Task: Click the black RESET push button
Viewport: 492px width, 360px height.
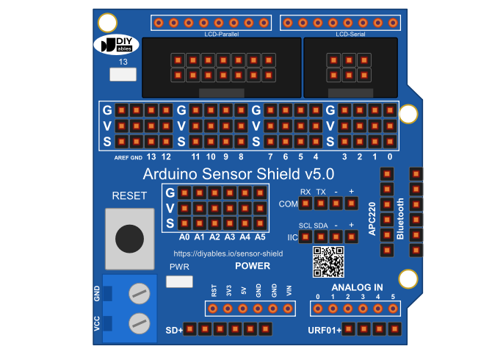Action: coord(129,239)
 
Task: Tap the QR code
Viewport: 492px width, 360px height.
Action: coord(328,262)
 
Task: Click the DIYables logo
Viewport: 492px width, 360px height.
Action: coord(117,44)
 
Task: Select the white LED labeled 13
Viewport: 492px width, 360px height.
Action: coord(123,74)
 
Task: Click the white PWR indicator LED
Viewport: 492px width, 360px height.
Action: coord(179,281)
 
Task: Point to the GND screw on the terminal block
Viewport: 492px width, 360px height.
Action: coord(140,293)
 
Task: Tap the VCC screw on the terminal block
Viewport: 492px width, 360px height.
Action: coord(140,323)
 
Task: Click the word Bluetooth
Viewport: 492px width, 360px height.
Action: coord(400,219)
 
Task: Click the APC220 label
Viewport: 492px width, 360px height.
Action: coord(372,218)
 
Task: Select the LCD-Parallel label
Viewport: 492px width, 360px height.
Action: coord(222,34)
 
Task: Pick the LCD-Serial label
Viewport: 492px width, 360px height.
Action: coord(350,34)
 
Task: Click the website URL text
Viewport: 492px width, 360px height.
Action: coord(228,253)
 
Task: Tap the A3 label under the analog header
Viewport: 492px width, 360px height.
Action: coord(230,237)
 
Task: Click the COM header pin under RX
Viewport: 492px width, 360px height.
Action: coord(305,204)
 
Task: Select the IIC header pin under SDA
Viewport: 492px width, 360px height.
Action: coord(321,237)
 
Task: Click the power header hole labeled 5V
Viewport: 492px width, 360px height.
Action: coord(243,309)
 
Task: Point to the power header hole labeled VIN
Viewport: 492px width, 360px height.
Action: coord(288,309)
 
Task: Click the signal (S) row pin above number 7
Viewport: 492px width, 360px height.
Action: coord(270,142)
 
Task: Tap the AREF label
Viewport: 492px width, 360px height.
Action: coord(121,157)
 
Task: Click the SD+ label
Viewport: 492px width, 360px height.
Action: coord(174,330)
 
